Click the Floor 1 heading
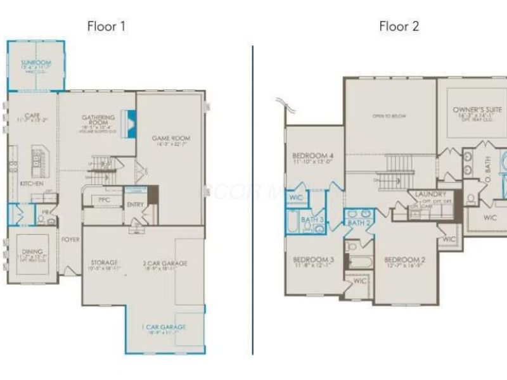click(x=106, y=27)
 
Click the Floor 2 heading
click(x=399, y=27)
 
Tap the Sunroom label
click(x=35, y=63)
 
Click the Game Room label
click(x=170, y=138)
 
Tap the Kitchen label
click(x=32, y=183)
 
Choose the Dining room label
click(x=32, y=251)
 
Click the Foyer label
click(x=70, y=240)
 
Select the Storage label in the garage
click(x=103, y=262)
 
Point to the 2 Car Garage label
click(x=165, y=262)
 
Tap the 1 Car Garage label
click(x=164, y=327)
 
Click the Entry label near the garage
click(x=135, y=205)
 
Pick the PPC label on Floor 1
click(x=105, y=199)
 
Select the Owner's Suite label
click(x=477, y=110)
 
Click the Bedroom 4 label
click(x=312, y=156)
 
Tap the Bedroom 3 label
click(x=313, y=260)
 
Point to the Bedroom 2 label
click(x=404, y=260)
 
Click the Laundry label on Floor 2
click(x=431, y=194)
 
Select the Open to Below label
click(x=388, y=116)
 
